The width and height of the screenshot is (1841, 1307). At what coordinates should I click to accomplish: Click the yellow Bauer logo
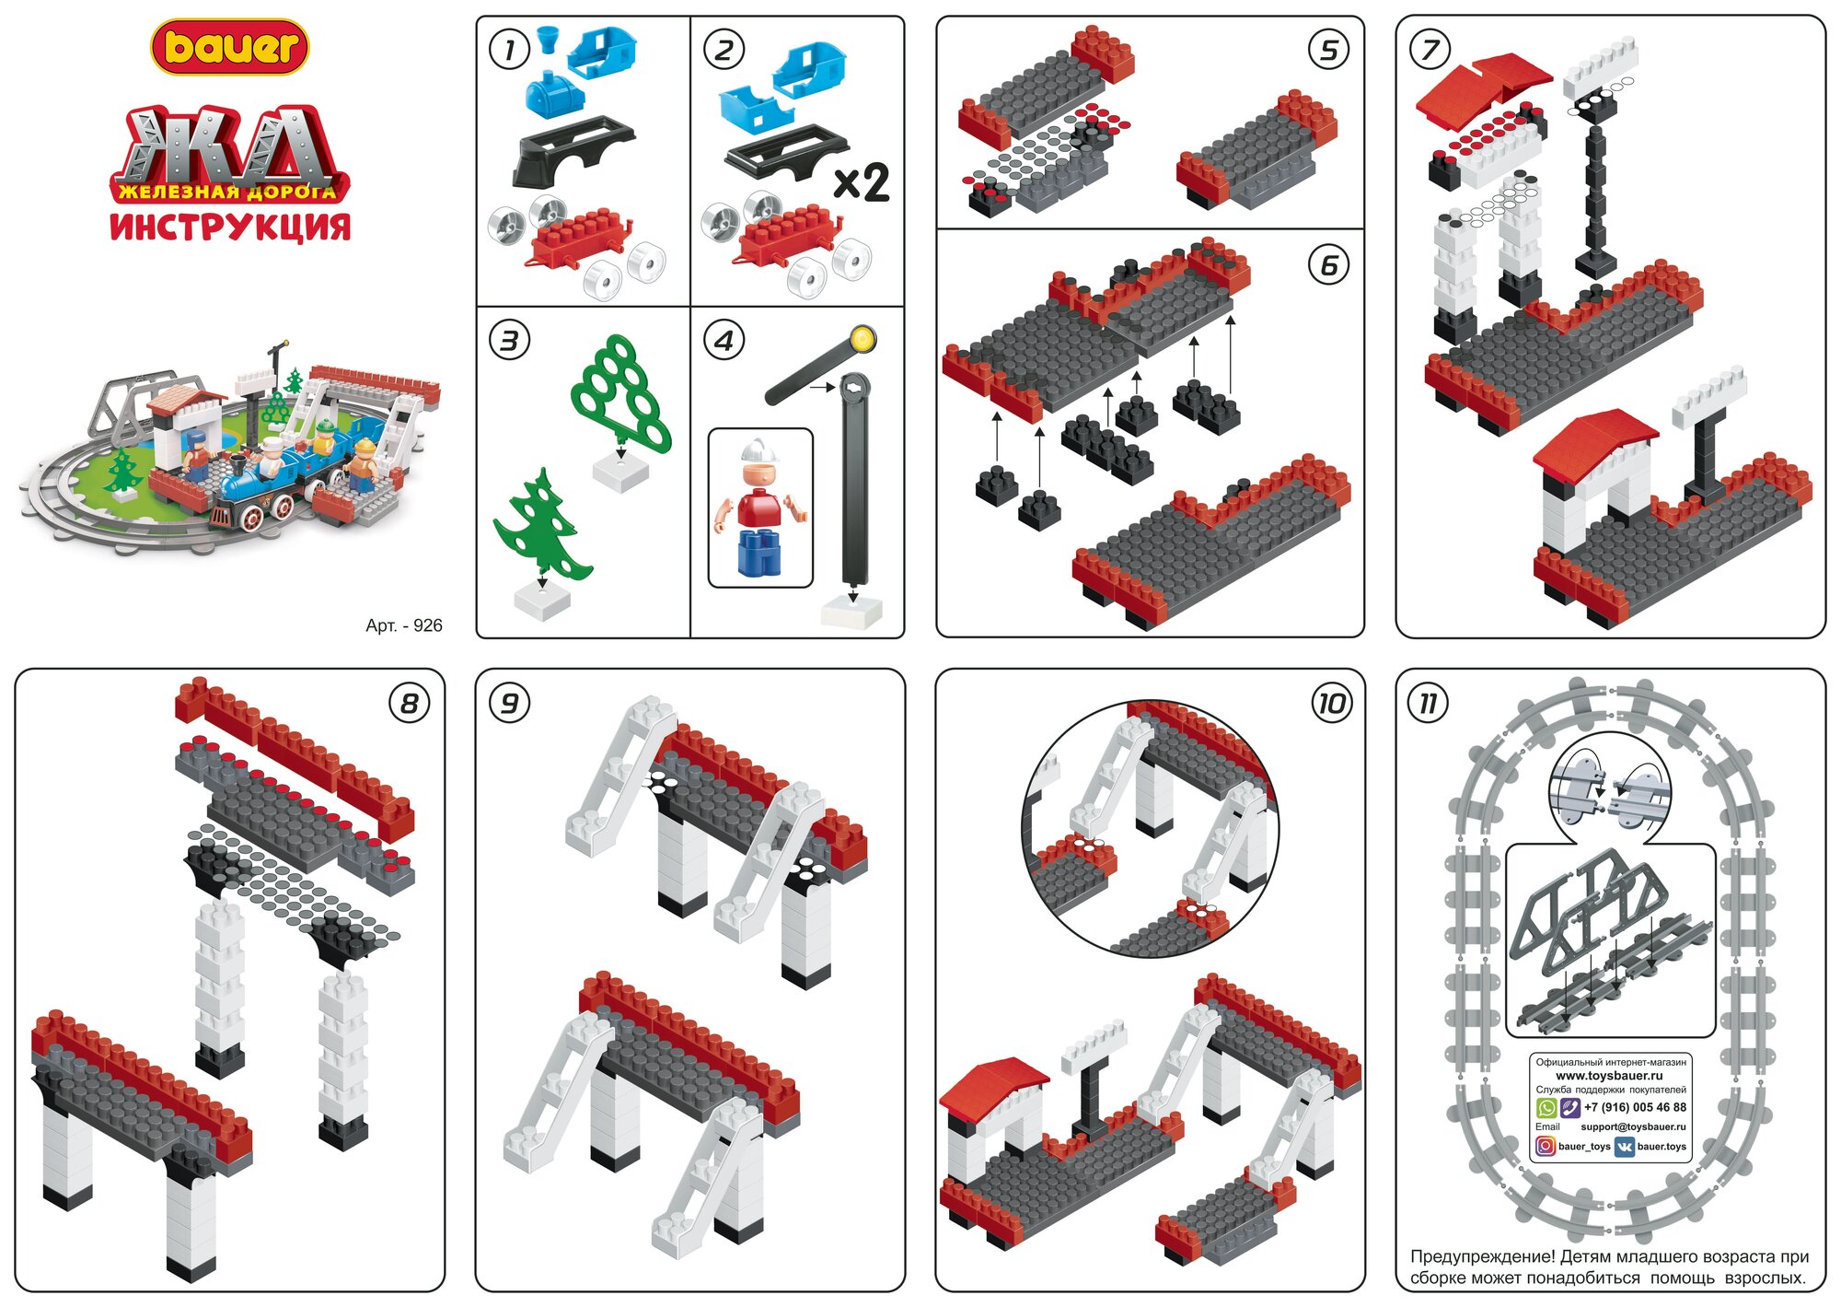[x=230, y=47]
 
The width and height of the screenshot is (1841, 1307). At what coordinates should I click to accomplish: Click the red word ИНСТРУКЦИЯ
[x=230, y=227]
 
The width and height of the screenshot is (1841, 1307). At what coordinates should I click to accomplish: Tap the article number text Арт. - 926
[x=403, y=625]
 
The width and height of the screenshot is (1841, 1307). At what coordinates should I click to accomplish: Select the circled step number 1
[x=509, y=50]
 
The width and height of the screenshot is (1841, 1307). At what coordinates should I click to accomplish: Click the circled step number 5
[x=1328, y=51]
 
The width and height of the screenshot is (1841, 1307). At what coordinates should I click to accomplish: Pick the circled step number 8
[x=409, y=705]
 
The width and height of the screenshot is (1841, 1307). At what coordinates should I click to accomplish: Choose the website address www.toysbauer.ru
[x=1609, y=1075]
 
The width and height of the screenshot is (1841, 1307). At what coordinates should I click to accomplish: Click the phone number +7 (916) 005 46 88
[x=1635, y=1107]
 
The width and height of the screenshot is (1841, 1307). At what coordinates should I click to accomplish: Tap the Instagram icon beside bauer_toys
[x=1546, y=1146]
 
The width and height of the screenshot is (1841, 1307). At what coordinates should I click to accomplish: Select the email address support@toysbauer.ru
[x=1633, y=1126]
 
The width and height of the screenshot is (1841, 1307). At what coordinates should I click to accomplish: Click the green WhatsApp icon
[x=1546, y=1107]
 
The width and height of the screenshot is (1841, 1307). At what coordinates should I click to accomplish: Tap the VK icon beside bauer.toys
[x=1624, y=1147]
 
